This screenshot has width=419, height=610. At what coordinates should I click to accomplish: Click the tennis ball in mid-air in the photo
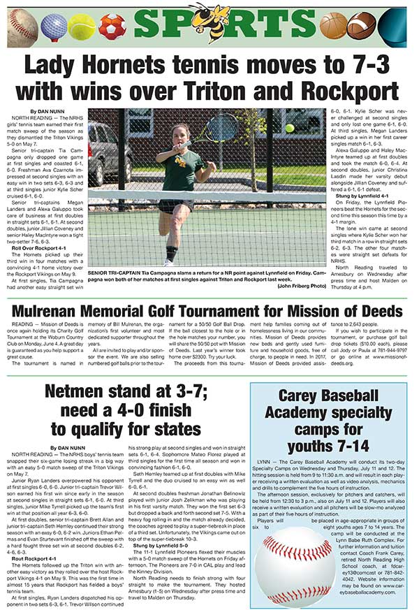tap(289, 128)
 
